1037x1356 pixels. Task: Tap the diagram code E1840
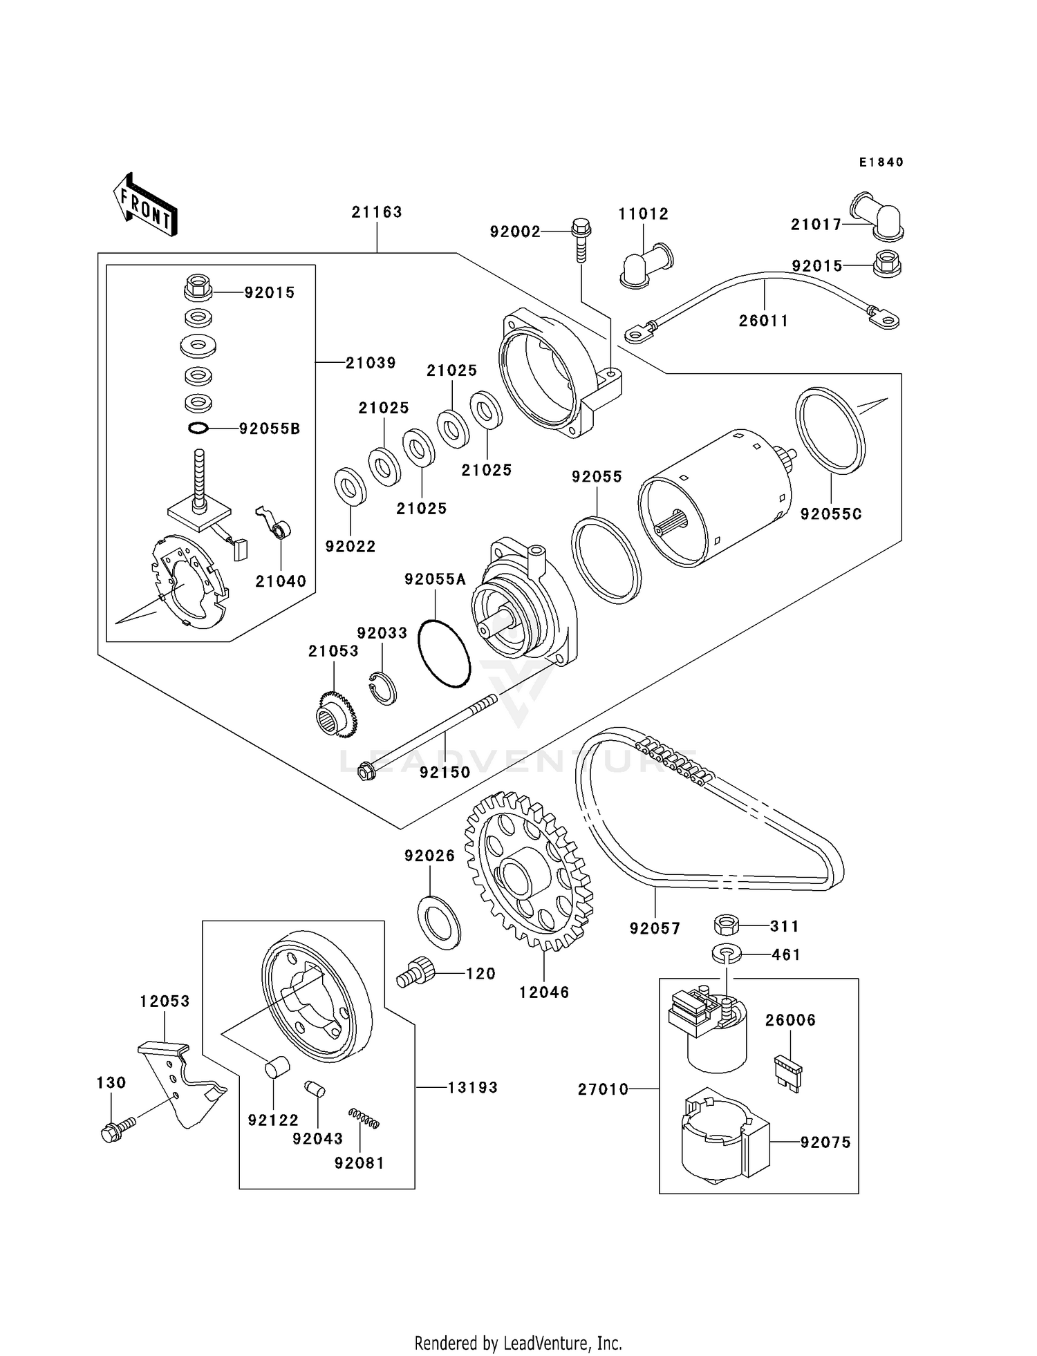pyautogui.click(x=881, y=162)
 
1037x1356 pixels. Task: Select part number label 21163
pyautogui.click(x=377, y=212)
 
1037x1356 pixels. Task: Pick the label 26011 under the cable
pyautogui.click(x=763, y=321)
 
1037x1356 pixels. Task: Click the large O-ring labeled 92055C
pyautogui.click(x=830, y=430)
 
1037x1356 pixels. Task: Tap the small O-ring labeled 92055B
pyautogui.click(x=198, y=429)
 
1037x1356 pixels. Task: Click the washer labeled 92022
pyautogui.click(x=351, y=487)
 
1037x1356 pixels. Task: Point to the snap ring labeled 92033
pyautogui.click(x=382, y=687)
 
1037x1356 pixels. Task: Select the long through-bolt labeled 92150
pyautogui.click(x=429, y=736)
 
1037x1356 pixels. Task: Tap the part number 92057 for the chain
pyautogui.click(x=655, y=928)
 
